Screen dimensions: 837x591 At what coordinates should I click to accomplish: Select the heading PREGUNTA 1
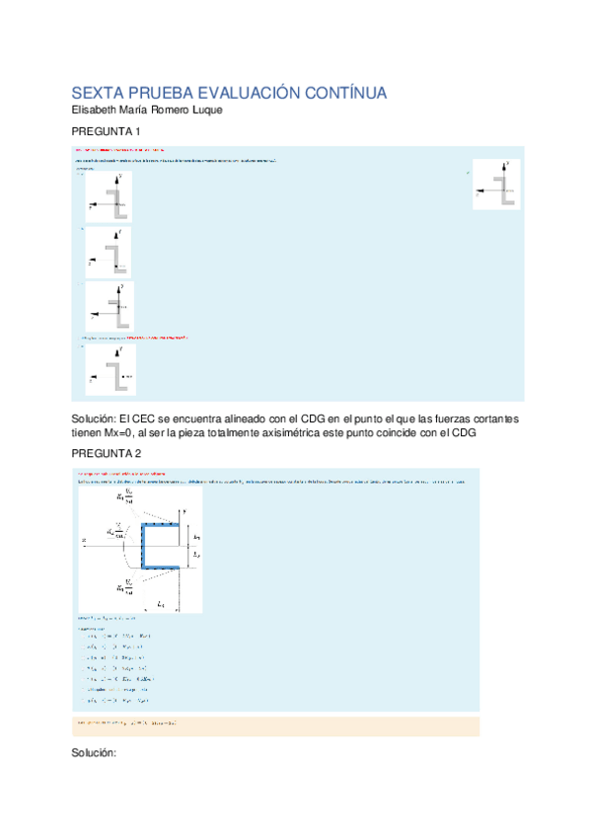pyautogui.click(x=107, y=131)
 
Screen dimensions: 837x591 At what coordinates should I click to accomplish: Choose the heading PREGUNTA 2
pyautogui.click(x=107, y=453)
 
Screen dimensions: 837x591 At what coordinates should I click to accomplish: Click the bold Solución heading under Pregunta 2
pyautogui.click(x=95, y=753)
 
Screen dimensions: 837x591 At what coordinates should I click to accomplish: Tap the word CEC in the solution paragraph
pyautogui.click(x=156, y=418)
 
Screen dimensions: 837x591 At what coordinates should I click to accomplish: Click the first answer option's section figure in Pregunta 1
pyautogui.click(x=109, y=196)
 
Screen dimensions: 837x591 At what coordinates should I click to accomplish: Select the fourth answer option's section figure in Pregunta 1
pyautogui.click(x=110, y=369)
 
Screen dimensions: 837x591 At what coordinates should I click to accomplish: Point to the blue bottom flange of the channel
pyautogui.click(x=163, y=567)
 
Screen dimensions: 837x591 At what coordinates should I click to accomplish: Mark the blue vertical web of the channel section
pyautogui.click(x=144, y=546)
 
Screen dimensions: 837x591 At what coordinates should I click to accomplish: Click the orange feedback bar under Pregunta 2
pyautogui.click(x=275, y=725)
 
